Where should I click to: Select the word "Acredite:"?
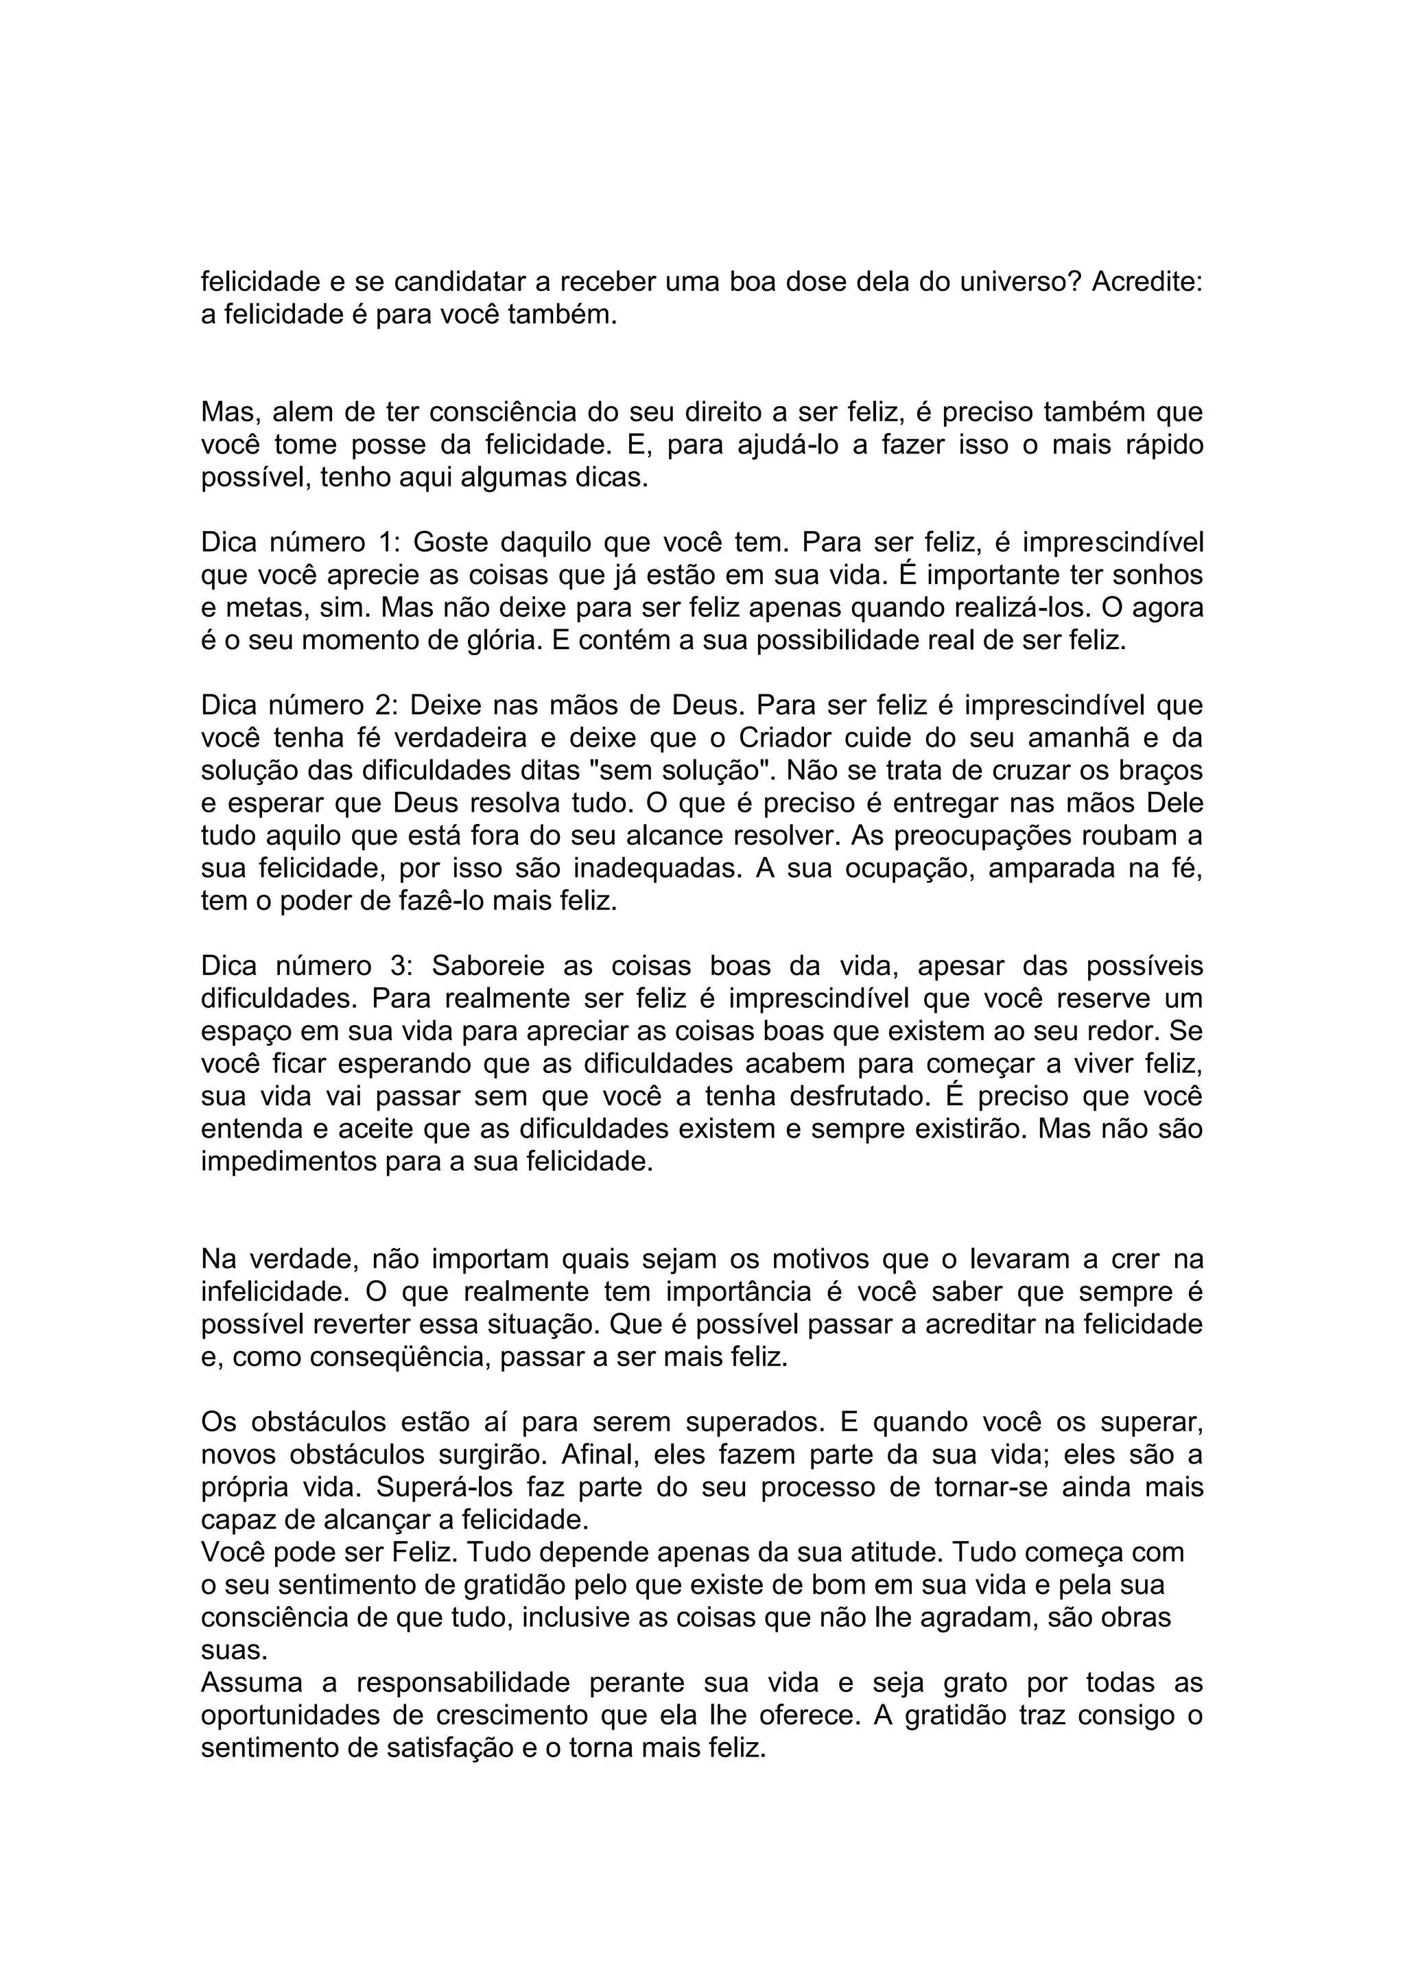pos(1147,282)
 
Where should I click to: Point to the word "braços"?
pos(1162,771)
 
